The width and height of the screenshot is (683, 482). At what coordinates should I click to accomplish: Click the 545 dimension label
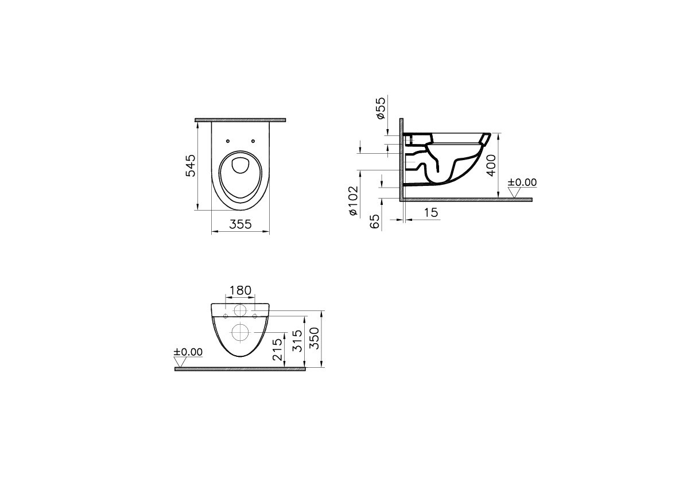click(x=191, y=165)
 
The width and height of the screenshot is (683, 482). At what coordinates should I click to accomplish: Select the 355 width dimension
click(x=240, y=224)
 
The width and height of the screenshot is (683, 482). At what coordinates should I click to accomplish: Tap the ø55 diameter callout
click(x=380, y=108)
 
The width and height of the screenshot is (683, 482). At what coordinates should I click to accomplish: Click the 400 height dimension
click(x=491, y=165)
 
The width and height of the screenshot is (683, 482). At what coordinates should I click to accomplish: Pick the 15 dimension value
click(x=430, y=212)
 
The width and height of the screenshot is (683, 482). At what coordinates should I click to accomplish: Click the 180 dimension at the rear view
click(x=240, y=290)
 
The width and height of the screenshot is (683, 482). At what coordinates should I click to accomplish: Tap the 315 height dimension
click(x=297, y=341)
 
